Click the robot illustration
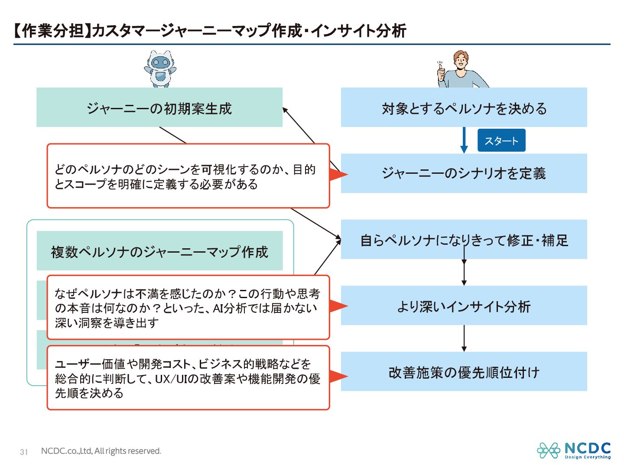(x=160, y=69)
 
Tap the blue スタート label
(x=501, y=140)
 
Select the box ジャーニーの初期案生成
(x=159, y=107)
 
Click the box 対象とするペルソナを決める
(x=464, y=107)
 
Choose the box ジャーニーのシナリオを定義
(x=464, y=173)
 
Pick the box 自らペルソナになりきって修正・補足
(x=464, y=240)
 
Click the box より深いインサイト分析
(x=464, y=306)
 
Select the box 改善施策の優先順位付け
(x=464, y=372)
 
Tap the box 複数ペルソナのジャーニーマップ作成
(x=159, y=251)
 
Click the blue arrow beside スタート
(x=464, y=140)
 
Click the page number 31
(x=24, y=452)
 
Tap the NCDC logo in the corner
(x=574, y=451)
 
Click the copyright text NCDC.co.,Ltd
(x=101, y=451)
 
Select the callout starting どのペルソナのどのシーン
(x=188, y=176)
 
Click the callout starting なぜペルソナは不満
(x=188, y=308)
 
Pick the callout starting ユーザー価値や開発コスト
(x=188, y=378)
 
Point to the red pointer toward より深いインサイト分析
(x=338, y=306)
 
